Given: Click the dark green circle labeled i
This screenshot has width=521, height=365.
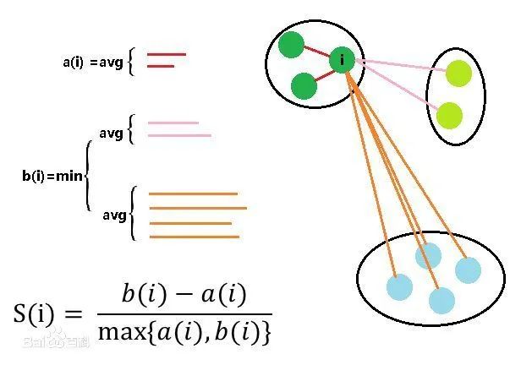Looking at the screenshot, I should coord(342,59).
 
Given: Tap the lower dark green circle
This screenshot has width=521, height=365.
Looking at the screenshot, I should coord(303,86).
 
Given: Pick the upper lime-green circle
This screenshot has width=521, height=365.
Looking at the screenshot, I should coord(458,73).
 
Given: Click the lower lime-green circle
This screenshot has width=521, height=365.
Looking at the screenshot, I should coord(449,114).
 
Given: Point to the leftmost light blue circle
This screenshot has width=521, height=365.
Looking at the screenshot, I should coord(399,286).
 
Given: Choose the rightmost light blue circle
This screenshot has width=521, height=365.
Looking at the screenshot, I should coord(468,270).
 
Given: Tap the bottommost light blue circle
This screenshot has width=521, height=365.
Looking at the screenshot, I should coord(441,300).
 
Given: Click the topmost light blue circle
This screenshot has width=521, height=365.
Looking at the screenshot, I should coord(429,255).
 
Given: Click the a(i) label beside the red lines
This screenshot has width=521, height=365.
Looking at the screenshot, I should coord(73,62).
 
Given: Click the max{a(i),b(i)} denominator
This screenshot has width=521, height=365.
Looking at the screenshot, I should coord(184,331).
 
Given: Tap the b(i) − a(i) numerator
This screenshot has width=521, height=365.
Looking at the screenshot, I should coord(184,296).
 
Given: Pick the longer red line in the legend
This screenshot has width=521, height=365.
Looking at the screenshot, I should coord(166,55).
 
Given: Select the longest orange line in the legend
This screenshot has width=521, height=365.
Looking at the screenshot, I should coord(197,208).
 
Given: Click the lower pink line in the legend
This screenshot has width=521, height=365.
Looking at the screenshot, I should coord(179,135).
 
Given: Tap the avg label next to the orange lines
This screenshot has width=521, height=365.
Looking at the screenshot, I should coord(113,216).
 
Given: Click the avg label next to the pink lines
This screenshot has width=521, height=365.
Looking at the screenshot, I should coord(111,133).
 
